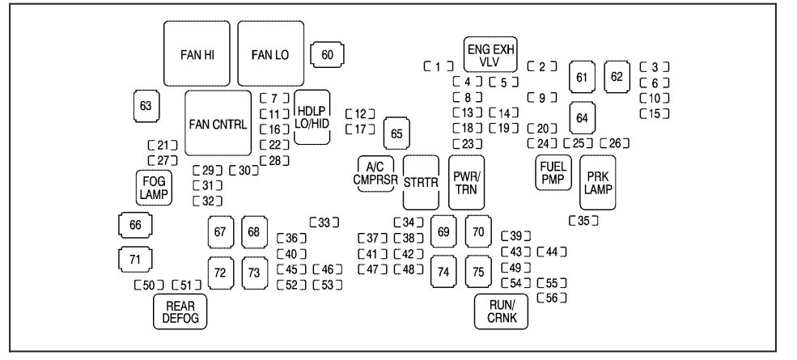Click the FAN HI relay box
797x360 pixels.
click(197, 53)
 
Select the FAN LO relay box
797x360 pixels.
click(269, 53)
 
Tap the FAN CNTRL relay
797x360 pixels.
click(217, 123)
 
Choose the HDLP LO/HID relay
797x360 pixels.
click(312, 117)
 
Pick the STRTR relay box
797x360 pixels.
click(421, 182)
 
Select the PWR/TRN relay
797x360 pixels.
click(466, 181)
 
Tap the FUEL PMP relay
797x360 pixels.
click(553, 172)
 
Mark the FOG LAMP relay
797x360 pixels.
click(151, 188)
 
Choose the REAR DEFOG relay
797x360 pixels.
click(180, 311)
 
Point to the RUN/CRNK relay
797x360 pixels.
click(501, 311)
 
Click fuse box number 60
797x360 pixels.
click(327, 55)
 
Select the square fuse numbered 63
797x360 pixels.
click(146, 106)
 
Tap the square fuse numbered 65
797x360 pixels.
click(396, 133)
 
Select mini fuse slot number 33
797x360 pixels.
click(324, 222)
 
